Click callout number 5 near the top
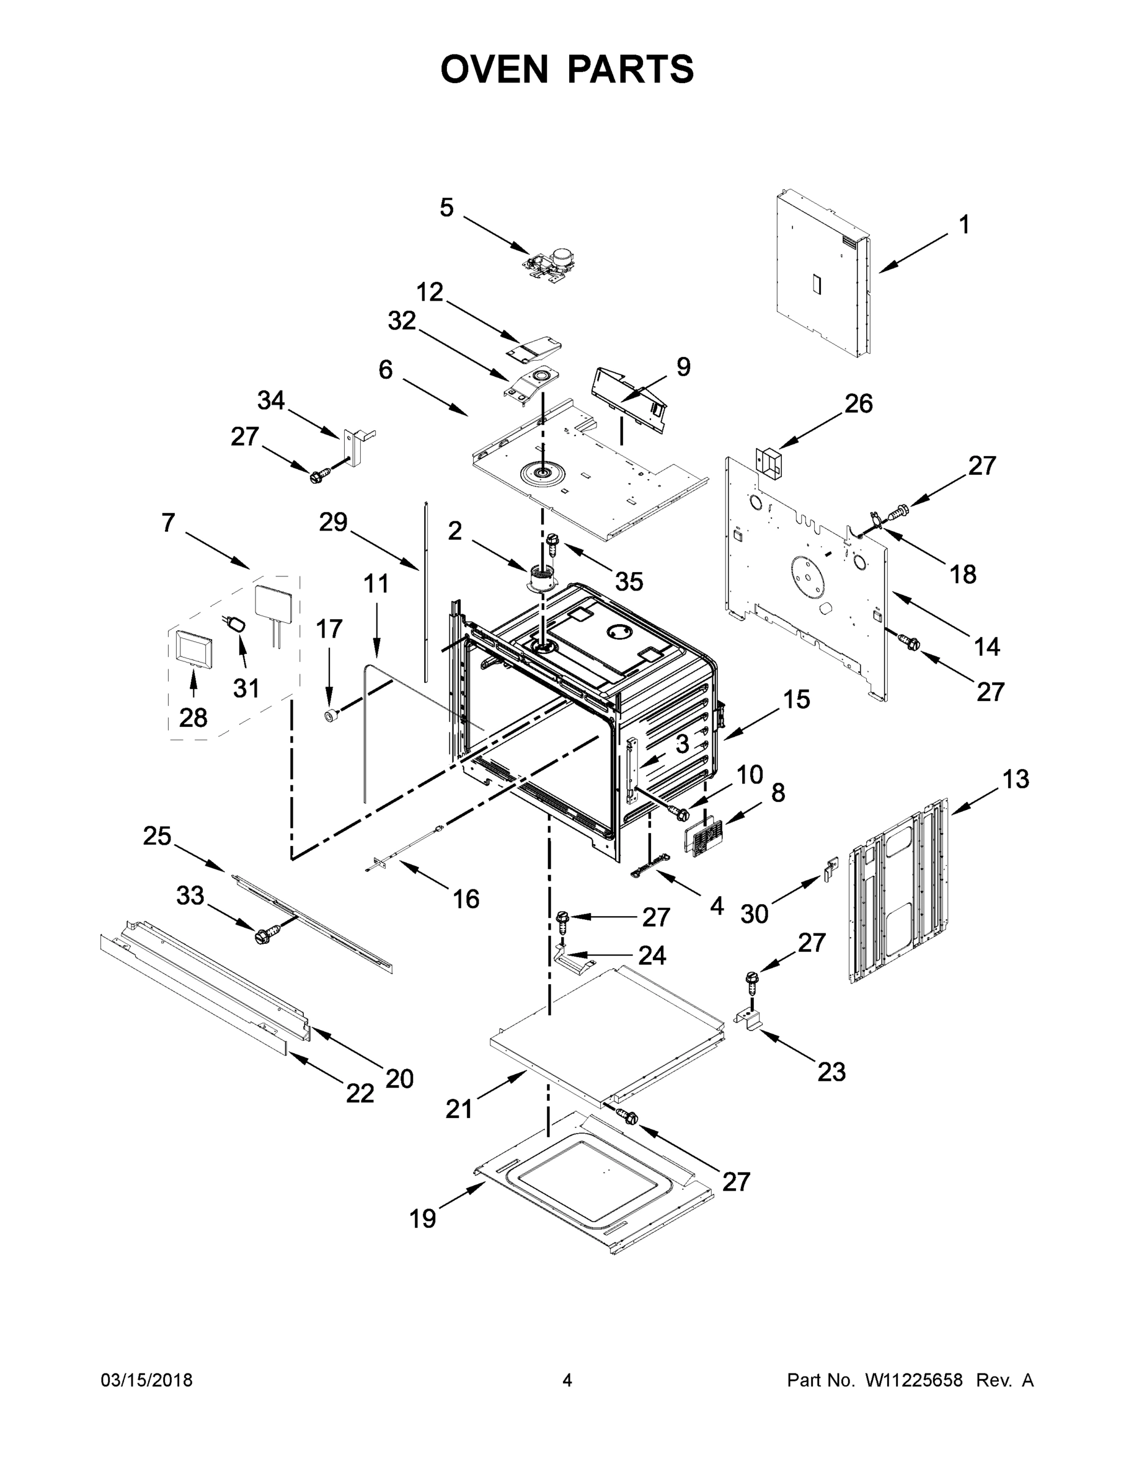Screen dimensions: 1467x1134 (x=447, y=208)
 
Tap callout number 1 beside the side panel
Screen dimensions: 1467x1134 (x=964, y=225)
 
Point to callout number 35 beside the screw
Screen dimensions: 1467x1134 (x=629, y=582)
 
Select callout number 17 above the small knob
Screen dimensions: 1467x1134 (x=329, y=630)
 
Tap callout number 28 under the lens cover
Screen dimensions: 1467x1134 (x=193, y=718)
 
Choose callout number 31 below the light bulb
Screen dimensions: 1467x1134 (x=246, y=688)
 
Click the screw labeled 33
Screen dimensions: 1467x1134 (x=265, y=935)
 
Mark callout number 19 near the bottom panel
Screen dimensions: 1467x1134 (x=423, y=1218)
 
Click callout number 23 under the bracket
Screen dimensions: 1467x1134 (x=831, y=1072)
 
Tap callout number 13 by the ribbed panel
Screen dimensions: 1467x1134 (x=1016, y=779)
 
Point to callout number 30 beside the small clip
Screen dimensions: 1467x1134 (x=754, y=914)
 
